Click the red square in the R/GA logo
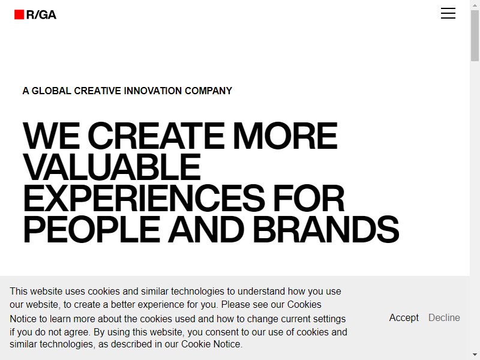pyautogui.click(x=19, y=14)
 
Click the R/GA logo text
pyautogui.click(x=41, y=14)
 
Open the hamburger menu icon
pyautogui.click(x=448, y=13)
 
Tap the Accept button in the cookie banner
pyautogui.click(x=404, y=318)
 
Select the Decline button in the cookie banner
pyautogui.click(x=444, y=318)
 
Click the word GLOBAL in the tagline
pyautogui.click(x=52, y=91)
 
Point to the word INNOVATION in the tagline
pyautogui.click(x=153, y=91)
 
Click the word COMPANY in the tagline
pyautogui.click(x=208, y=91)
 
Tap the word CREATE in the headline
pyautogui.click(x=156, y=136)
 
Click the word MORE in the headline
pyautogui.click(x=286, y=136)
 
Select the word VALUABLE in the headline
pyautogui.click(x=112, y=167)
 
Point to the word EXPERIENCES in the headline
pyautogui.click(x=144, y=199)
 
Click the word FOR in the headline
pyautogui.click(x=309, y=199)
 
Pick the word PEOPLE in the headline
pyautogui.click(x=91, y=230)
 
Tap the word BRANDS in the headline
pyautogui.click(x=326, y=230)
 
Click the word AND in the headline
pyautogui.click(x=206, y=230)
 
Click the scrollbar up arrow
pyautogui.click(x=475, y=5)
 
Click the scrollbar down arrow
pyautogui.click(x=475, y=355)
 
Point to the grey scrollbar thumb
pyautogui.click(x=475, y=35)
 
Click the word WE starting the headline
pyautogui.click(x=51, y=136)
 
